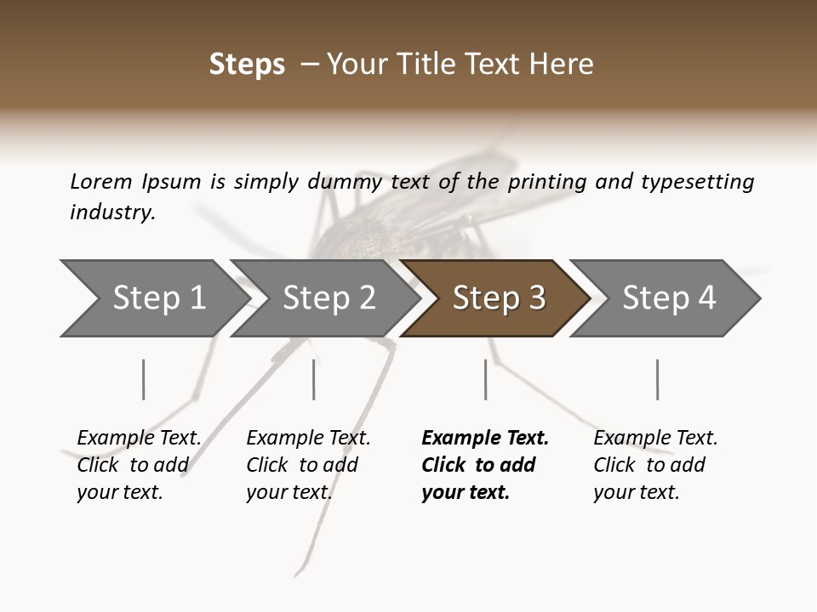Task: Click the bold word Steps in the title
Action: point(247,65)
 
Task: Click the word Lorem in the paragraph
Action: point(100,182)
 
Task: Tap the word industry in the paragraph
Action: point(112,212)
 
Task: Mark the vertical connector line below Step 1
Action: point(144,379)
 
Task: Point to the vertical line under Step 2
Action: point(314,379)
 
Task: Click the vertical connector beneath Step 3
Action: point(485,379)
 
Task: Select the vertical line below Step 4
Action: point(657,379)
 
